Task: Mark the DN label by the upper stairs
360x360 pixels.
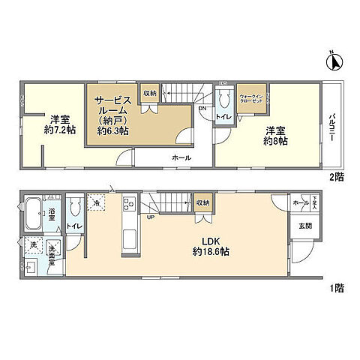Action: [x=202, y=107]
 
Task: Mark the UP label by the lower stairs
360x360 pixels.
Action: [x=151, y=217]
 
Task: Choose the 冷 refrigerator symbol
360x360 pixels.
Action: [x=97, y=202]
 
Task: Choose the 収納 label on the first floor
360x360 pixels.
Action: [x=203, y=202]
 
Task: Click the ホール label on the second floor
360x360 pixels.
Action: [x=181, y=157]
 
